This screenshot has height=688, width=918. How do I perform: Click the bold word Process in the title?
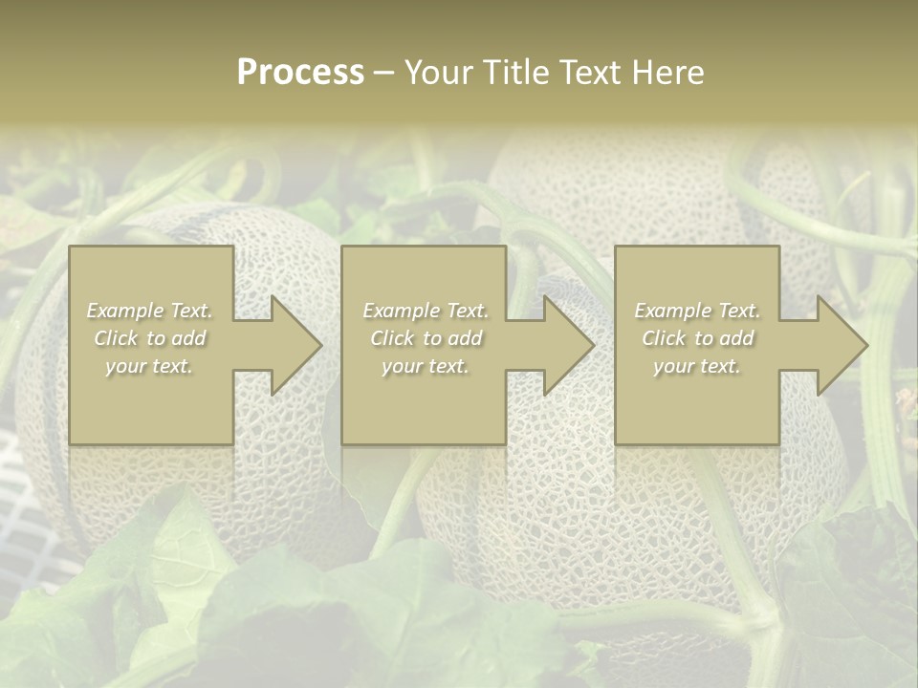300,73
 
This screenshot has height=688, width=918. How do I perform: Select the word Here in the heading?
668,73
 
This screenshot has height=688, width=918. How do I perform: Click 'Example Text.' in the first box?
149,311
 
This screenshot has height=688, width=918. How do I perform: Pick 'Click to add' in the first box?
149,338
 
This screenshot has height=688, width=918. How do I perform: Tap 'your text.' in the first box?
149,366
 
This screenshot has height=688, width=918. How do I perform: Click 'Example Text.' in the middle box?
426,311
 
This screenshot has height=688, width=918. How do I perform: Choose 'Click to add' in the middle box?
426,338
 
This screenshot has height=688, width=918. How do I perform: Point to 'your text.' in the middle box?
426,366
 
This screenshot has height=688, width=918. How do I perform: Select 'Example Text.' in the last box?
697,311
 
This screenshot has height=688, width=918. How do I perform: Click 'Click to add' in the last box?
697,338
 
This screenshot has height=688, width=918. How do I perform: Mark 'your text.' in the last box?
697,366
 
